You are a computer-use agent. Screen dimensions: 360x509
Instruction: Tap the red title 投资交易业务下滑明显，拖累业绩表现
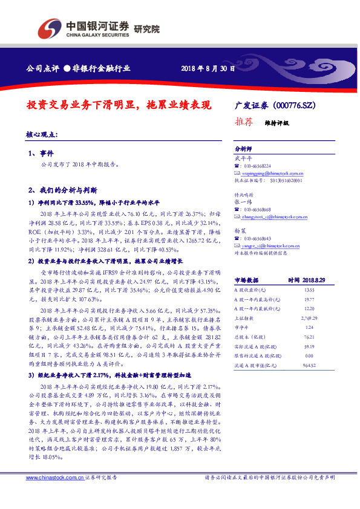[120, 104]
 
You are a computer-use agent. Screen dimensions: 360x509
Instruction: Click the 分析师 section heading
[243, 148]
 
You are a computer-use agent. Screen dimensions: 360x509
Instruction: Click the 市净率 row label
[241, 326]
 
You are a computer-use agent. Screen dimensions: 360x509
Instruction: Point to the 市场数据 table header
[246, 280]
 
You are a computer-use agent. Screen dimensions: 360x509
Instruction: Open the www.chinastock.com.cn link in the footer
[55, 478]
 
